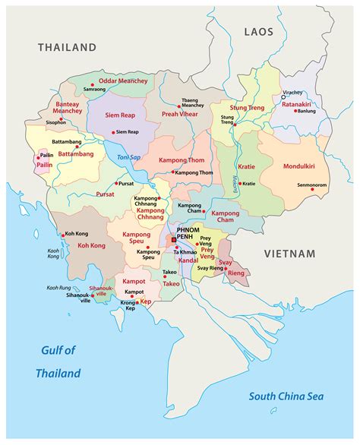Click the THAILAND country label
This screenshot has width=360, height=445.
click(68, 47)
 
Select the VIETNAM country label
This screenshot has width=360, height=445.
click(289, 254)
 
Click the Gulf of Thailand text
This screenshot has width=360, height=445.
click(58, 361)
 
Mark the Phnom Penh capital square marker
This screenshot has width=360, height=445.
click(173, 239)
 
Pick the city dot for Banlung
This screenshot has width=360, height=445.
click(297, 112)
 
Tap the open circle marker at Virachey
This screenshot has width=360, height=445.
click(283, 97)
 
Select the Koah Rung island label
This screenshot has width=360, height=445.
click(58, 288)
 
